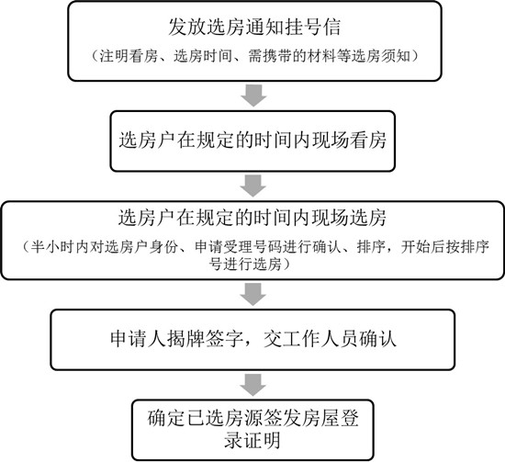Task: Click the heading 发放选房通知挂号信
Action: click(254, 27)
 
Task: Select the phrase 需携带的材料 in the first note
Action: click(292, 56)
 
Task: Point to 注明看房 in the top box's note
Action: click(129, 56)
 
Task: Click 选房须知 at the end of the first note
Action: click(381, 56)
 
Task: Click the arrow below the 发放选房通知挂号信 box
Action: click(253, 96)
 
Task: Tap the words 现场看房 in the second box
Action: click(349, 141)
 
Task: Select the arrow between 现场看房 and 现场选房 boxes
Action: click(253, 186)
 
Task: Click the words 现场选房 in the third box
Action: click(349, 218)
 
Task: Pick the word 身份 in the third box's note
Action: click(163, 247)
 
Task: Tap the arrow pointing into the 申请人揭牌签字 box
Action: click(253, 295)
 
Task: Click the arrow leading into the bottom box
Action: click(253, 385)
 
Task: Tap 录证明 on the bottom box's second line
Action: click(252, 439)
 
